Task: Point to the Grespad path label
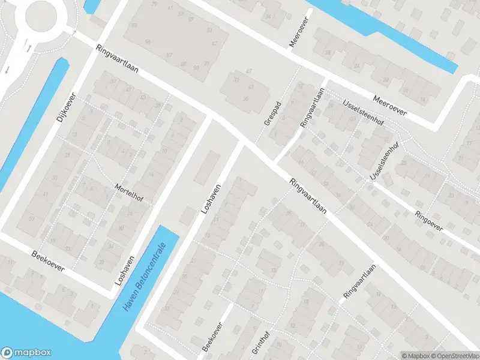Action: (x=274, y=113)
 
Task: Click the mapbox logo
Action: (x=26, y=353)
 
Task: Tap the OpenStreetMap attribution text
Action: (x=453, y=355)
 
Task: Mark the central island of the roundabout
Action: (x=38, y=15)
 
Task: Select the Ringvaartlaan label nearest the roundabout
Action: (x=116, y=60)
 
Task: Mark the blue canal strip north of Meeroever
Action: (x=384, y=33)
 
